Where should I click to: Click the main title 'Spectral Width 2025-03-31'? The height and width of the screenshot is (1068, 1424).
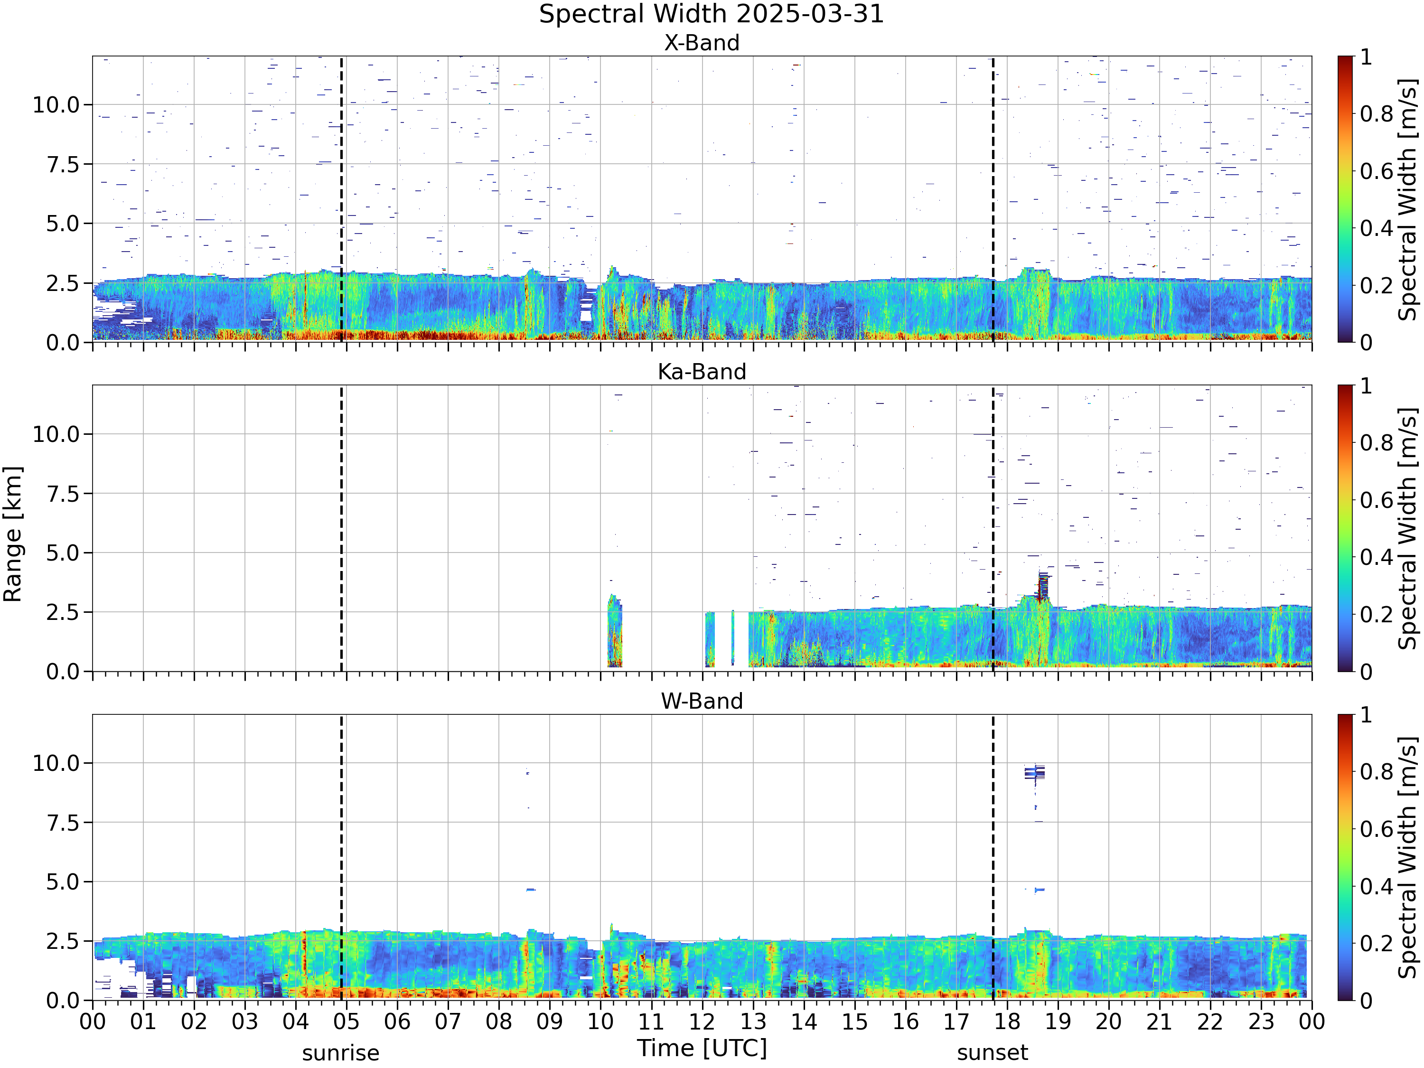712,14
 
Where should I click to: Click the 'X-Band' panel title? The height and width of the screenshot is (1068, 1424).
702,43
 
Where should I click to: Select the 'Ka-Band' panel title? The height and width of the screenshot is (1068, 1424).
702,372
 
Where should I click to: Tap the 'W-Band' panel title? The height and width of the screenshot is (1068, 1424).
702,701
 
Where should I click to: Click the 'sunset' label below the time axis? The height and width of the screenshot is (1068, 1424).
992,1053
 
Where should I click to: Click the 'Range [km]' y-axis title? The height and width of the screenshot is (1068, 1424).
12,534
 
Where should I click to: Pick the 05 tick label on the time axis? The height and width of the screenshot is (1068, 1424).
347,1021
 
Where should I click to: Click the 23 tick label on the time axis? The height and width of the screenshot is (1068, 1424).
1261,1021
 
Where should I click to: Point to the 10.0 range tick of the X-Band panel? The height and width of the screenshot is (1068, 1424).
56,105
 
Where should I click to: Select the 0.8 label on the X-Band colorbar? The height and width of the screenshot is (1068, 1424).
1377,114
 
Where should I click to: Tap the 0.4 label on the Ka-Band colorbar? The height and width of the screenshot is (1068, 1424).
1377,557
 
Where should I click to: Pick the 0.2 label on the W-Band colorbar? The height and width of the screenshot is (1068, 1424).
1377,943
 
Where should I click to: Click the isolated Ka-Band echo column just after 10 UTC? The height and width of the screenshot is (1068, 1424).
615,631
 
